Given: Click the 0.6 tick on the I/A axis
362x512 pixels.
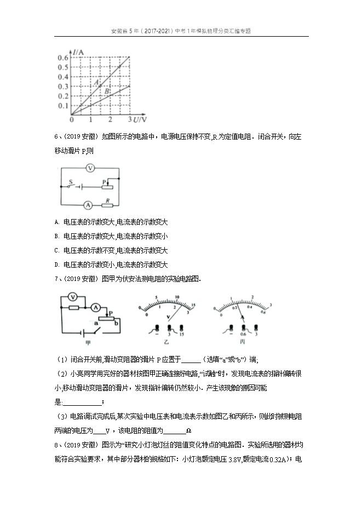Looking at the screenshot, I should pyautogui.click(x=63, y=57).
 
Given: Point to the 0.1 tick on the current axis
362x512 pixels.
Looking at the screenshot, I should pyautogui.click(x=63, y=106).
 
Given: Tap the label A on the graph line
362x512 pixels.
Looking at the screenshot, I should pyautogui.click(x=96, y=82).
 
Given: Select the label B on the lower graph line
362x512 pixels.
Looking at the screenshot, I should pyautogui.click(x=107, y=91).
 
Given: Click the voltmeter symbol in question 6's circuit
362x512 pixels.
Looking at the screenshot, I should pyautogui.click(x=93, y=168).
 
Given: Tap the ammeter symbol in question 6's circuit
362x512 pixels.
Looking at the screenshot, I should pyautogui.click(x=87, y=206).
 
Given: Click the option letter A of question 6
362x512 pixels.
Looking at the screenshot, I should pyautogui.click(x=58, y=222).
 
